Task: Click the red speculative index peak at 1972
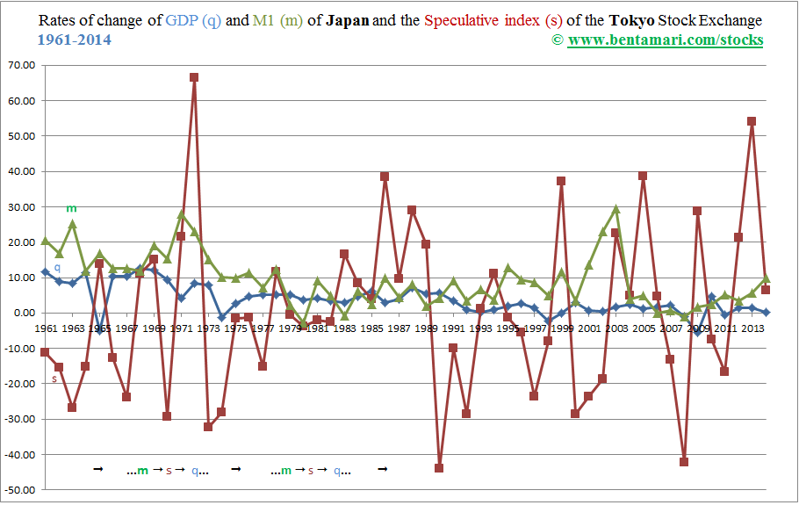[194, 77]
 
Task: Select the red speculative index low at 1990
[439, 468]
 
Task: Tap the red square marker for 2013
[752, 121]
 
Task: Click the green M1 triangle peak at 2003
[616, 209]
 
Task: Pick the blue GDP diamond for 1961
[46, 272]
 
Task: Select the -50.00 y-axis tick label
[20, 489]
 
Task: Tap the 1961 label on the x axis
[45, 328]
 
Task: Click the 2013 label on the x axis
[752, 328]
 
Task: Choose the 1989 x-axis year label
[426, 328]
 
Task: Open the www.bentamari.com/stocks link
[665, 40]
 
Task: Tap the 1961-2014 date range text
[76, 40]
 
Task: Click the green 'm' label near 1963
[71, 208]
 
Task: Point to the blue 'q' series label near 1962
[57, 266]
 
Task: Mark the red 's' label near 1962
[54, 379]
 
